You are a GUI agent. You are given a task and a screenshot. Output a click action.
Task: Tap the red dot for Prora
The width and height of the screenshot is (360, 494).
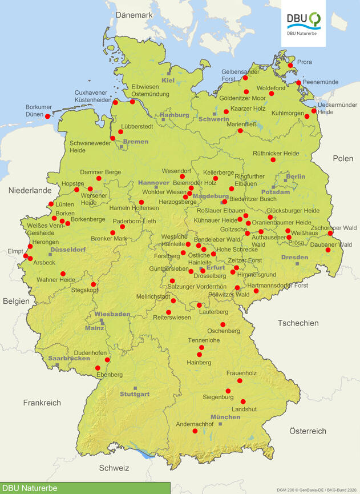[290, 65]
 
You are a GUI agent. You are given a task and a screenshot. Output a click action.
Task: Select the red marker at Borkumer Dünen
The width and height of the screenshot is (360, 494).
[48, 116]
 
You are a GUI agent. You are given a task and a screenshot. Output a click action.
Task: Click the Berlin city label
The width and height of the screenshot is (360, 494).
[296, 177]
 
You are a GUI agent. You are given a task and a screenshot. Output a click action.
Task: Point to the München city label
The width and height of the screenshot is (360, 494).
[225, 417]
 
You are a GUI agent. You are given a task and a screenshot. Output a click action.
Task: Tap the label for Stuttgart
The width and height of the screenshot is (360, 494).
[135, 394]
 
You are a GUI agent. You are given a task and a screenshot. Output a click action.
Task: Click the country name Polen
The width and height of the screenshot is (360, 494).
[343, 158]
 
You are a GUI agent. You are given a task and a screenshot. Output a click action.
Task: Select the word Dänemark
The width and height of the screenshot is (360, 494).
[134, 15]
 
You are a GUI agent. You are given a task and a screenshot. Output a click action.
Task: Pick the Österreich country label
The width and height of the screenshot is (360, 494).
[307, 431]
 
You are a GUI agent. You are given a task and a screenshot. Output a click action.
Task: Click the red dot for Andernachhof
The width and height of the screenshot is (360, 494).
[195, 431]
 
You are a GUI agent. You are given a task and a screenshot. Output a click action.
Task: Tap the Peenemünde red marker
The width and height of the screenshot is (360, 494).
[298, 83]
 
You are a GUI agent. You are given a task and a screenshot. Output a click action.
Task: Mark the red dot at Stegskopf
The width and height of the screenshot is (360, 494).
[94, 284]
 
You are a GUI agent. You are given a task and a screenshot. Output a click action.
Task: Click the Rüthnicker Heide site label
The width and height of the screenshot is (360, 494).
[276, 154]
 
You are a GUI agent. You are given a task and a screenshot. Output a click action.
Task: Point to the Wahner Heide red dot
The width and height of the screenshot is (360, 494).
[63, 274]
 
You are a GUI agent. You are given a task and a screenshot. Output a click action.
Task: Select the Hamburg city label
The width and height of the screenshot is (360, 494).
[175, 115]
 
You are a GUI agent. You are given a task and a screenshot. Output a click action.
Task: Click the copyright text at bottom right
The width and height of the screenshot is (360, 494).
[317, 489]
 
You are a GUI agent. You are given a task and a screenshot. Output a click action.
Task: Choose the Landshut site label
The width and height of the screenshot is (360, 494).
[244, 409]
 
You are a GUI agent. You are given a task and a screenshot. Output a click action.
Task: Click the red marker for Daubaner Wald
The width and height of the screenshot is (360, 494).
[328, 250]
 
